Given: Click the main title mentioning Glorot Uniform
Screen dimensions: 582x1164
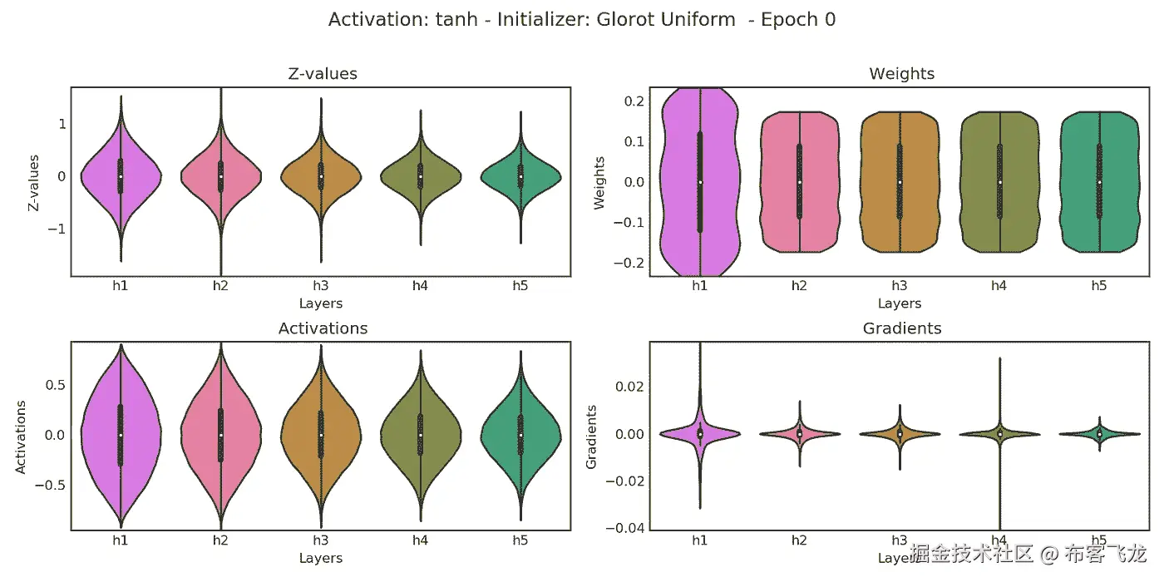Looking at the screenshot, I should click(582, 19).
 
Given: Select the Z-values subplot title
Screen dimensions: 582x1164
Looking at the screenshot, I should click(323, 74).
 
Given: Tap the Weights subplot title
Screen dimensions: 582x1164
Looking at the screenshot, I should click(901, 74).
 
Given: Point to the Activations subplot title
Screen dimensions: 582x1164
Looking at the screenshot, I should click(323, 328).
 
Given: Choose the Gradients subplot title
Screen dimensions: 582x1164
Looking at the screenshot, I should click(901, 328).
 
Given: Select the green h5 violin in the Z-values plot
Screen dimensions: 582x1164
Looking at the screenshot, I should click(520, 177).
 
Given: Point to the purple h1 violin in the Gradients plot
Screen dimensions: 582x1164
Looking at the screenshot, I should click(699, 433).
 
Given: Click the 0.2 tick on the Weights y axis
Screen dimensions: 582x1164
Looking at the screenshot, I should click(635, 101).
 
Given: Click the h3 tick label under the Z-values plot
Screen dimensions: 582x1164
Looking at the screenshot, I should click(321, 286).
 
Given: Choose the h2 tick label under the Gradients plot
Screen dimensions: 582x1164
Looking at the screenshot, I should click(799, 540).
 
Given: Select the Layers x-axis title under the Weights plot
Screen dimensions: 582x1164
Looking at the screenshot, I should click(900, 303).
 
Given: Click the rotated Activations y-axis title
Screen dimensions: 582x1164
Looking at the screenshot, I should click(21, 437).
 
